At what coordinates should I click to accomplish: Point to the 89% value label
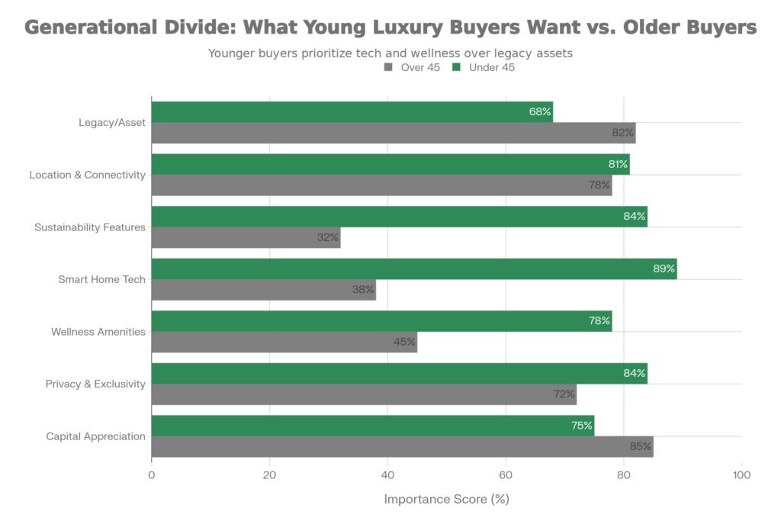[664, 269]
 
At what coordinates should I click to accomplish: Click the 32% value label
[327, 238]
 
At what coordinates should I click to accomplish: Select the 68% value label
[540, 112]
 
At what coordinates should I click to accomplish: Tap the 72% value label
[564, 395]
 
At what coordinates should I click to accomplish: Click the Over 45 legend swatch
[388, 68]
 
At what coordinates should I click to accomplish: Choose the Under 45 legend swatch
[456, 68]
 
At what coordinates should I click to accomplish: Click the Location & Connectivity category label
[87, 175]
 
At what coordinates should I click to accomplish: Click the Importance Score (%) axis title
[446, 500]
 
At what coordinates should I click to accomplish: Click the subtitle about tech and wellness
[390, 53]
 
